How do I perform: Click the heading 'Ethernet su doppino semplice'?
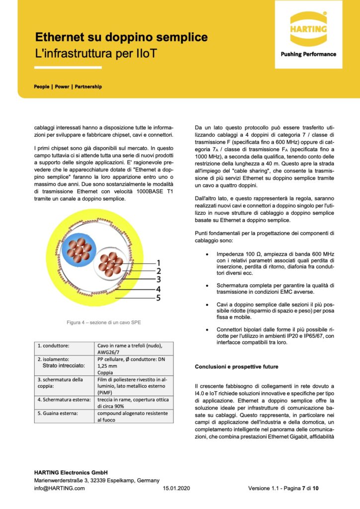pyautogui.click(x=121, y=38)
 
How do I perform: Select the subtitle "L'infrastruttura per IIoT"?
pyautogui.click(x=96, y=53)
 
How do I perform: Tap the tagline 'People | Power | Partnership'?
pyautogui.click(x=68, y=86)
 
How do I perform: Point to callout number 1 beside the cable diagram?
pyautogui.click(x=158, y=262)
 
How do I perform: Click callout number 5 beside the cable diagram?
pyautogui.click(x=158, y=298)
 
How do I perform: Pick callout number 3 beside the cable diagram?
pyautogui.click(x=158, y=280)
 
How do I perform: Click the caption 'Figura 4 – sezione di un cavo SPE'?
pyautogui.click(x=104, y=323)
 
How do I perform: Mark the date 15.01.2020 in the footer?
pyautogui.click(x=177, y=488)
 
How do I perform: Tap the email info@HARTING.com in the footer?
pyautogui.click(x=59, y=488)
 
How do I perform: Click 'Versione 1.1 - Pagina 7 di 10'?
pyautogui.click(x=283, y=488)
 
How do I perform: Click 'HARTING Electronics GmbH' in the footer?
pyautogui.click(x=71, y=472)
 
